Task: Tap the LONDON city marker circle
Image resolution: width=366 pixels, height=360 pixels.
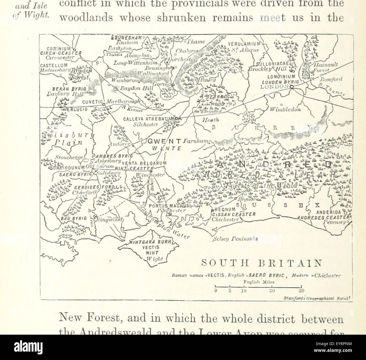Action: (292, 87)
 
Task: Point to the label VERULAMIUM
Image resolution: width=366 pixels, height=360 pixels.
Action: (244, 44)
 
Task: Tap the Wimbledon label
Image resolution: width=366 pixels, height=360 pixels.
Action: (285, 109)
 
